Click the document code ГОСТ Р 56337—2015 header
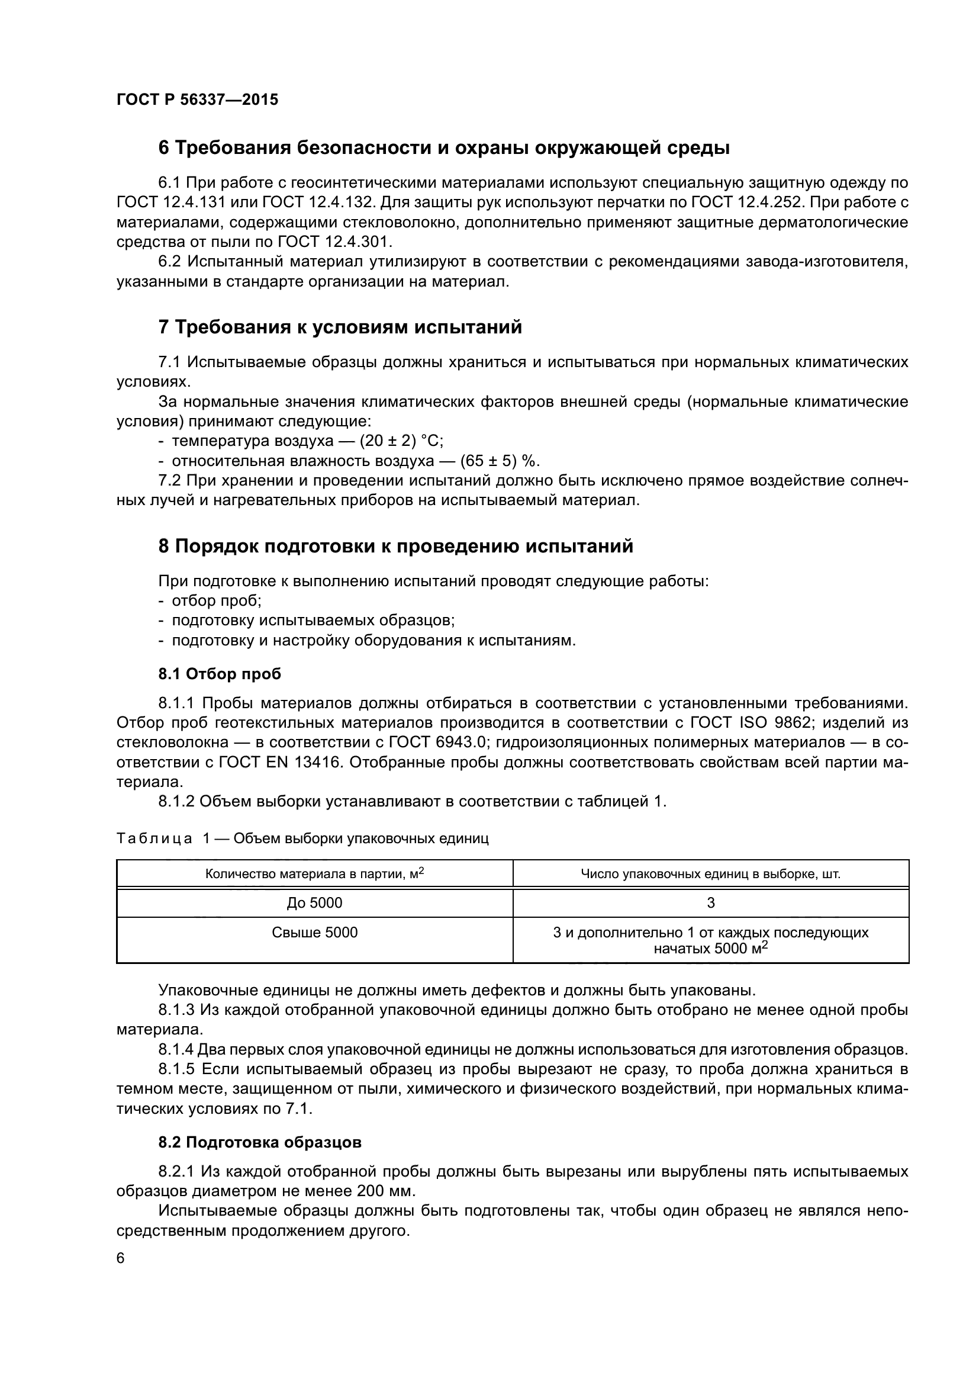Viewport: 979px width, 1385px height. pos(197,99)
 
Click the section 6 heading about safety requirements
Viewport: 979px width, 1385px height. pos(444,148)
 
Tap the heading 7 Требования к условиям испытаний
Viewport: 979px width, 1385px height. pos(340,327)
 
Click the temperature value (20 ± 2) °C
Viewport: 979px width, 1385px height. pos(401,441)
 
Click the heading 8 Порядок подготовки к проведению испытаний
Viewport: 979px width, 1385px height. pos(395,547)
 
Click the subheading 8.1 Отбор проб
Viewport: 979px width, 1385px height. pos(220,674)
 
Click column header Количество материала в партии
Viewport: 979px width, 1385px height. pos(314,873)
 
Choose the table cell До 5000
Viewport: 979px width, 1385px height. pos(314,902)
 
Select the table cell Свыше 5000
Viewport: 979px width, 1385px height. pos(314,933)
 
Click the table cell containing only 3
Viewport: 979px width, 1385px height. pos(710,902)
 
